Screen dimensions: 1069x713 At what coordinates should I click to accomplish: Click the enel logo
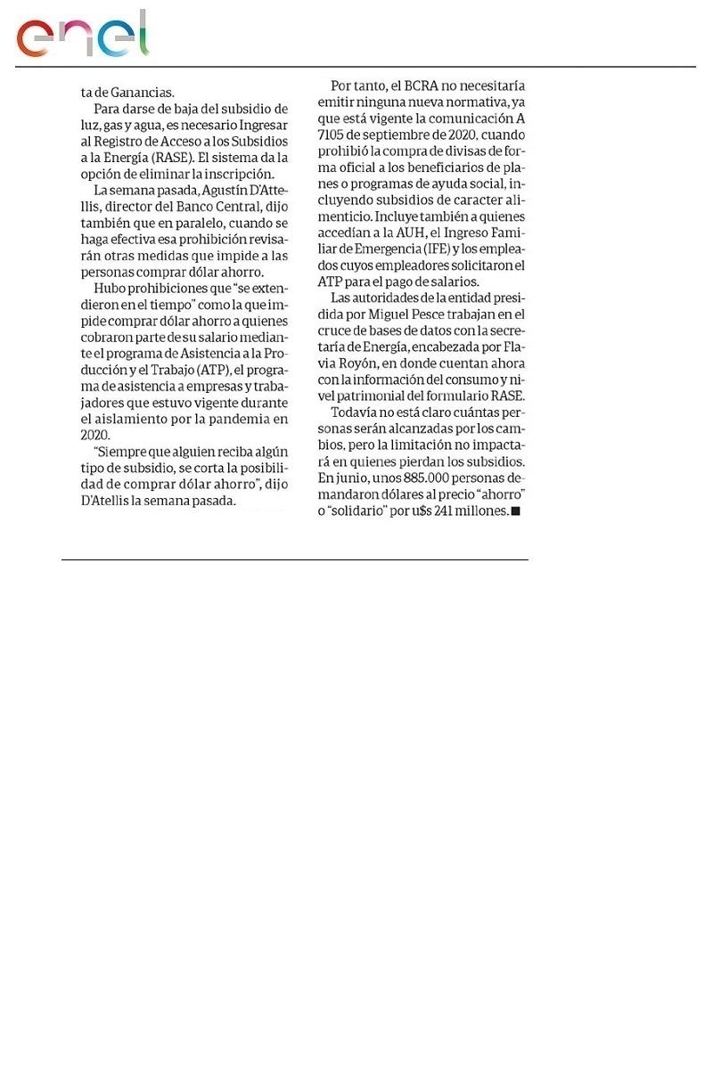click(x=82, y=36)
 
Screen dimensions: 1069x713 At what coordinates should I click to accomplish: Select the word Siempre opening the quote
click(x=121, y=452)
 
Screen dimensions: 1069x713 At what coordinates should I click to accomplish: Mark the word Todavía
click(x=356, y=412)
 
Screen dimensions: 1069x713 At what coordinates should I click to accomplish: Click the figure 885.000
click(x=408, y=478)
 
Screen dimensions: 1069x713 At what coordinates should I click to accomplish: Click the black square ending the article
click(x=515, y=511)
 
